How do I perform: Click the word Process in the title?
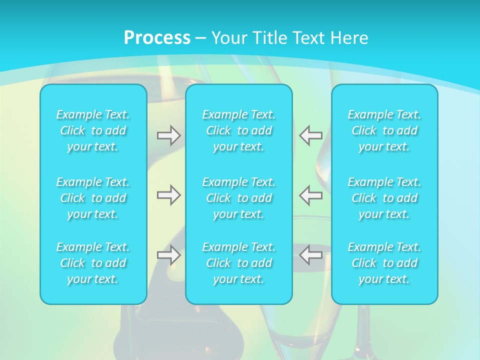pos(157,37)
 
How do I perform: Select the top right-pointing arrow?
pos(168,135)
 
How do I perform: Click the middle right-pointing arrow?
pos(168,195)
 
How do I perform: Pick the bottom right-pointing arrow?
pos(168,255)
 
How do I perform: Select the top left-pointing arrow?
pos(310,135)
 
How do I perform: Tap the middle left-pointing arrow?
pos(310,195)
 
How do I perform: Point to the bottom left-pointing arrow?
pos(310,255)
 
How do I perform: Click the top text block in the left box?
pos(93,130)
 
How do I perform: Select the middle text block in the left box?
pos(93,198)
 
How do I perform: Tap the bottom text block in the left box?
pos(93,263)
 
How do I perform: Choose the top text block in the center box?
pos(238,130)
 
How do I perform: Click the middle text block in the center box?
pos(238,198)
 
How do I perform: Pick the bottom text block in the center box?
pos(238,263)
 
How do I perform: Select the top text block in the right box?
pos(384,130)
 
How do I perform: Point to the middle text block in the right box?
pos(384,198)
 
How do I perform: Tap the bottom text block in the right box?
pos(384,263)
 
